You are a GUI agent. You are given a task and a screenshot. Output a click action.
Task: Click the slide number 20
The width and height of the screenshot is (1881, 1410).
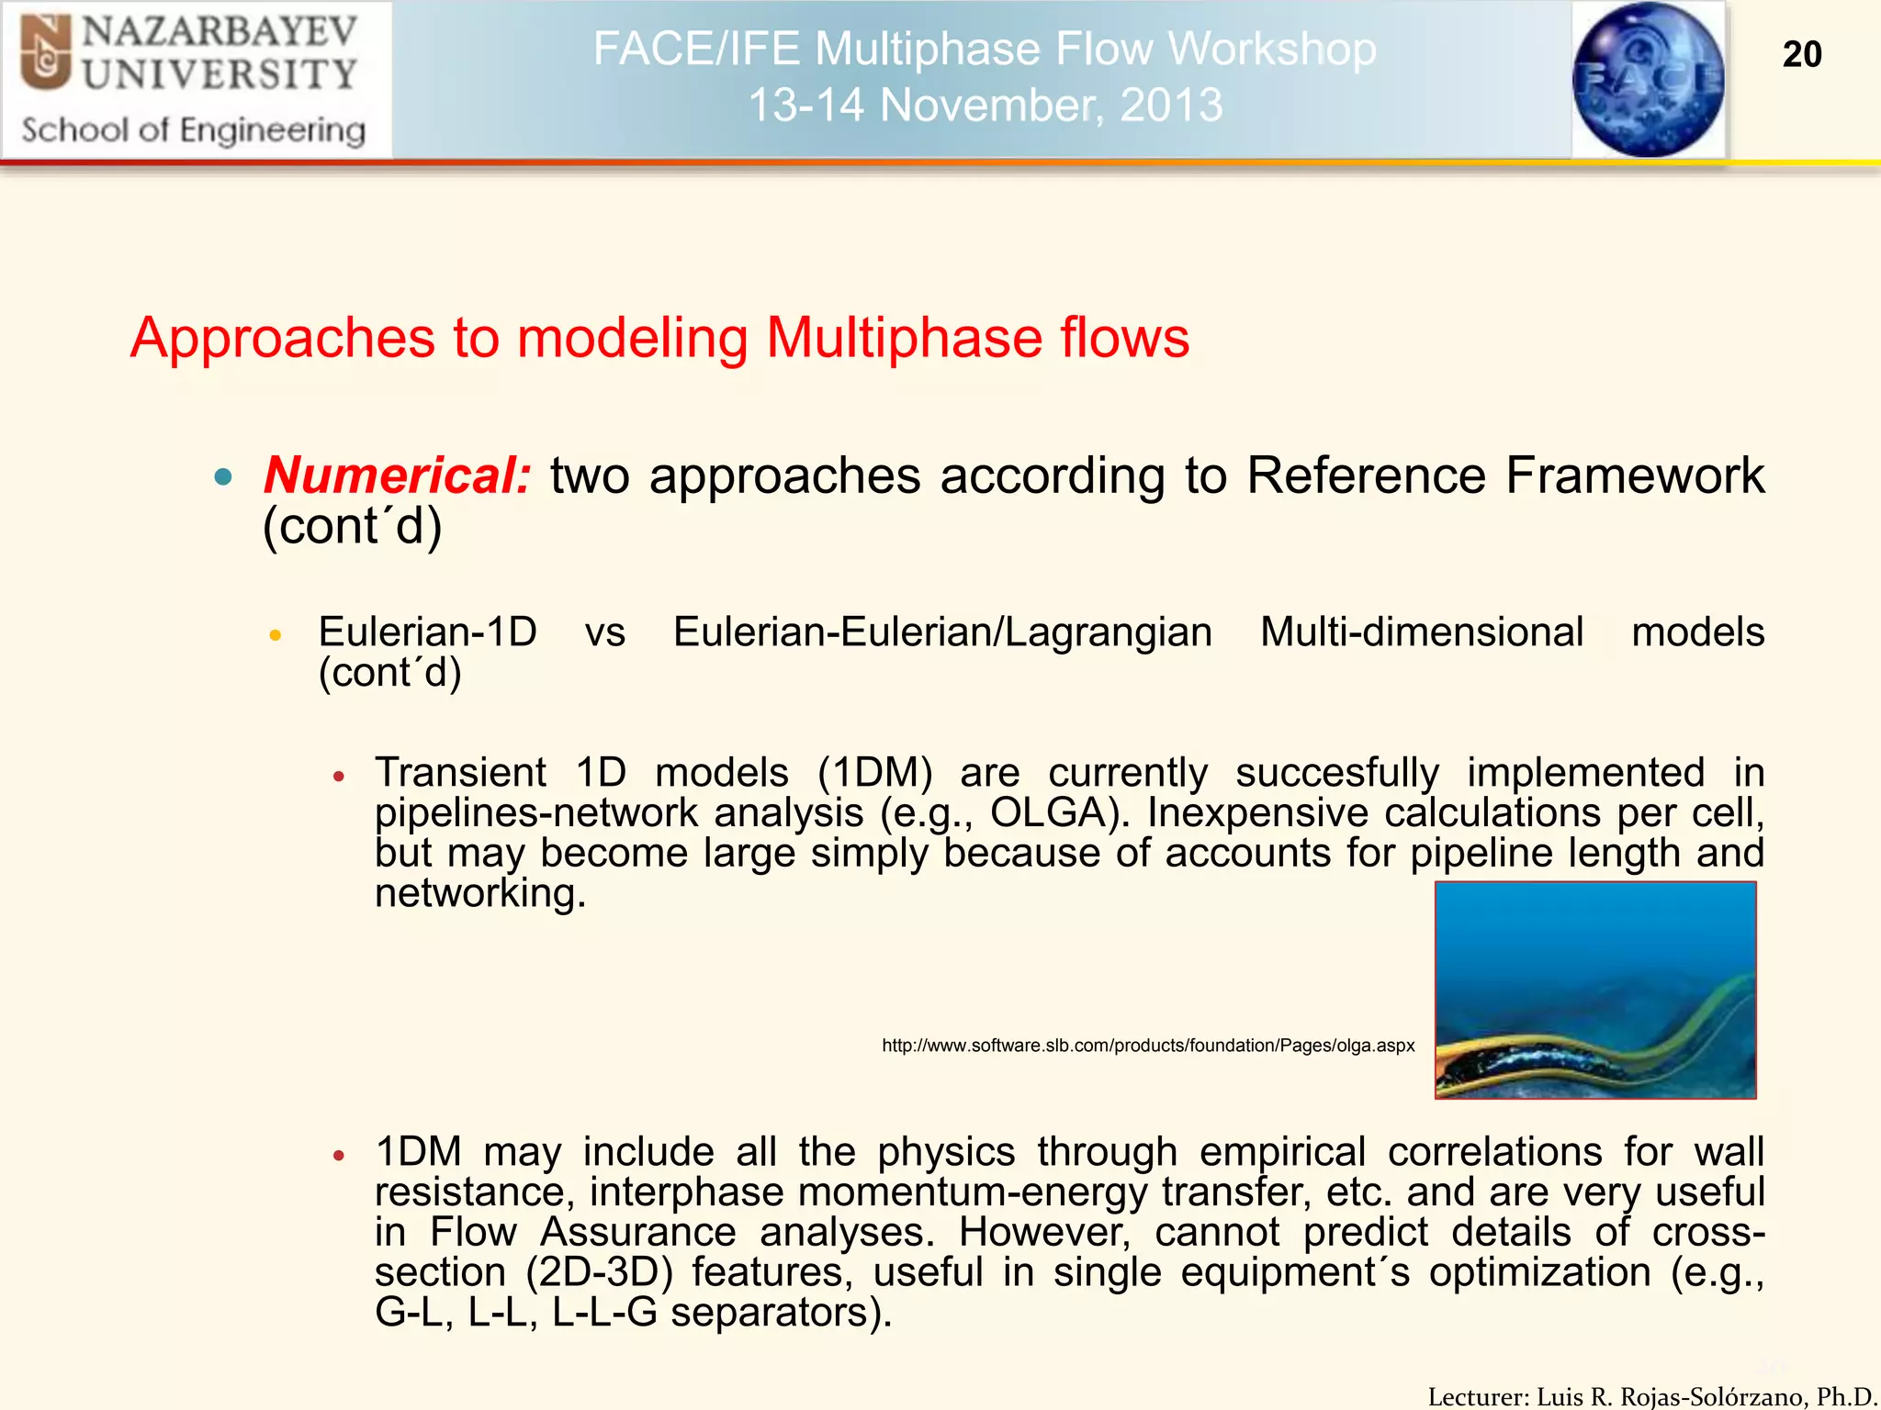[1801, 54]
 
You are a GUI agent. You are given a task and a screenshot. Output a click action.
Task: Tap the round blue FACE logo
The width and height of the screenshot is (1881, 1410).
[1648, 79]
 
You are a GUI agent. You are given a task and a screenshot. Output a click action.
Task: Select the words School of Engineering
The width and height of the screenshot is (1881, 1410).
[194, 130]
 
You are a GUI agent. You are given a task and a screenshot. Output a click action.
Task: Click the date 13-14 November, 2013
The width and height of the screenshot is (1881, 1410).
[986, 105]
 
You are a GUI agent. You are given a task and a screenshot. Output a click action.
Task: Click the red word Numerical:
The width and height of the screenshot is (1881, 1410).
[397, 476]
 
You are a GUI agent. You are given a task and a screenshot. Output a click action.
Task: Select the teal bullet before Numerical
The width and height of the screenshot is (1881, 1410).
[223, 476]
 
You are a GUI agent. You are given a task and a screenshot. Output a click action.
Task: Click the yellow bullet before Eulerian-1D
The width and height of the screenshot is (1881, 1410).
[275, 634]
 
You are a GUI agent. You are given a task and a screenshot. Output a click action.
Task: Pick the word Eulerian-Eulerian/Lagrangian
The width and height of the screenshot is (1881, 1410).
[942, 632]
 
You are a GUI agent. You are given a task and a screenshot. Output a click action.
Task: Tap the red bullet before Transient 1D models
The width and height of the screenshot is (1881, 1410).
[339, 776]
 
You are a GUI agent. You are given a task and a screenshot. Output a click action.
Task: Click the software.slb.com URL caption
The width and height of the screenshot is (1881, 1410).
[1148, 1046]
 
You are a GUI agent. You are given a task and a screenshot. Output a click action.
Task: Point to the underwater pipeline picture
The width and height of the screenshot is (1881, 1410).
[1595, 990]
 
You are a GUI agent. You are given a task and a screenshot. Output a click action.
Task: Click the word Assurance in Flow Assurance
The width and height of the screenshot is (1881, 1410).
[638, 1232]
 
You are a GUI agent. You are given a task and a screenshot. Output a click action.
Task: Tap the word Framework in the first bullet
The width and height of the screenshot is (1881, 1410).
[1635, 476]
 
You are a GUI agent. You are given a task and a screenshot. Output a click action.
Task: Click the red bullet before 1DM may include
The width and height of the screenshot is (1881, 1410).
[339, 1155]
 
